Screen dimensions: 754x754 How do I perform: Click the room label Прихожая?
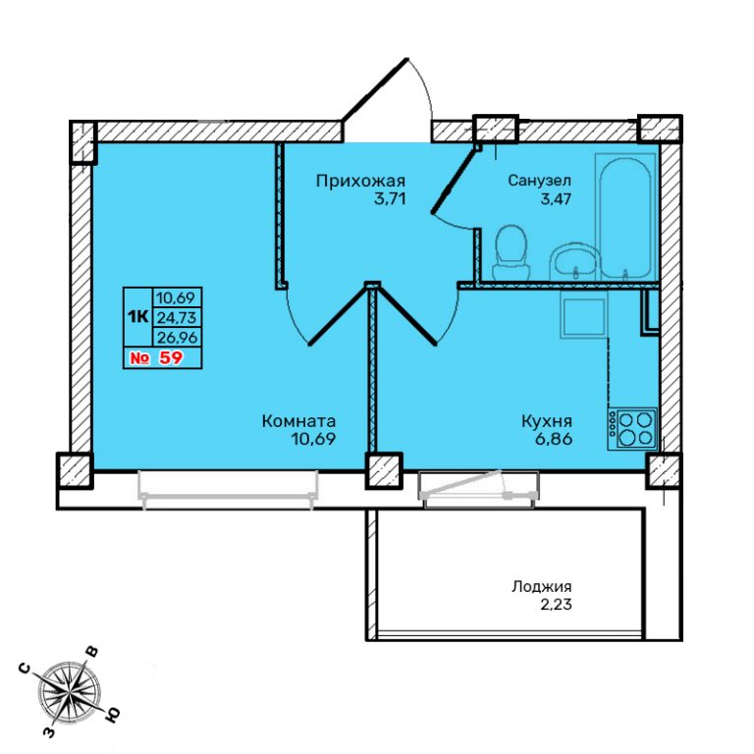pyautogui.click(x=360, y=182)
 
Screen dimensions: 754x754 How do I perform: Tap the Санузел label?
pyautogui.click(x=540, y=181)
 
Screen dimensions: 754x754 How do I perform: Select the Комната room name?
pyautogui.click(x=298, y=421)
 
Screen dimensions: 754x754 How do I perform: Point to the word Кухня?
pyautogui.click(x=547, y=422)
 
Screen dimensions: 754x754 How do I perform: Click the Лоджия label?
pyautogui.click(x=542, y=587)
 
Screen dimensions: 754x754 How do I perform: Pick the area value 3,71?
pyautogui.click(x=390, y=198)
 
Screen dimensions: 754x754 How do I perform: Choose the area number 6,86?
pyautogui.click(x=557, y=439)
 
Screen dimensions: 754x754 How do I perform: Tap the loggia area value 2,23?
pyautogui.click(x=557, y=604)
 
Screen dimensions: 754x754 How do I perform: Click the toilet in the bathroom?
pyautogui.click(x=511, y=251)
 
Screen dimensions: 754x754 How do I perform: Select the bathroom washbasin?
pyautogui.click(x=574, y=261)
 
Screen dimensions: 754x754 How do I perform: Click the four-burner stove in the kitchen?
pyautogui.click(x=632, y=429)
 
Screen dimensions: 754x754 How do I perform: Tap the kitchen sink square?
pyautogui.click(x=584, y=316)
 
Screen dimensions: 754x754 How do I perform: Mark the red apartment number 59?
pyautogui.click(x=170, y=357)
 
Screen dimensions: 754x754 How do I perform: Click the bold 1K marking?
pyautogui.click(x=137, y=316)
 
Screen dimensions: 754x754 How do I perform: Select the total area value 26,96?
pyautogui.click(x=177, y=337)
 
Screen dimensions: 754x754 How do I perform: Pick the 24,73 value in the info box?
pyautogui.click(x=177, y=317)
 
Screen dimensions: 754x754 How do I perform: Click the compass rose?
pyautogui.click(x=70, y=691)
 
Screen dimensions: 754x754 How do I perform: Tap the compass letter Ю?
pyautogui.click(x=112, y=716)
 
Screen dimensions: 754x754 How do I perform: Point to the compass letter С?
pyautogui.click(x=25, y=670)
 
